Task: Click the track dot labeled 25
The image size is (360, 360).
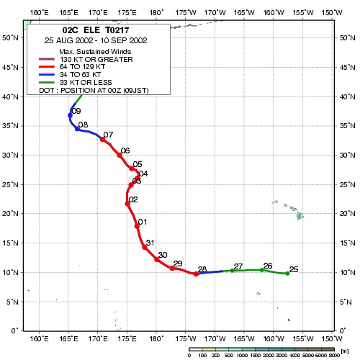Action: pos(287,274)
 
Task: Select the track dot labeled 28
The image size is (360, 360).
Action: pos(196,274)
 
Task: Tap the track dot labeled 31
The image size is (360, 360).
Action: pos(145,247)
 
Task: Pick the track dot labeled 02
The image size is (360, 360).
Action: pos(127,204)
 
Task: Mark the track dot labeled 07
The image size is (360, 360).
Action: pos(102,139)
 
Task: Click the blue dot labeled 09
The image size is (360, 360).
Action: pos(70,115)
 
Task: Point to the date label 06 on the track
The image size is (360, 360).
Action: pos(125,150)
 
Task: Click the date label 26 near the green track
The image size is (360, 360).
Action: pos(268,266)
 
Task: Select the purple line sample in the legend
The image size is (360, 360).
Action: pos(47,59)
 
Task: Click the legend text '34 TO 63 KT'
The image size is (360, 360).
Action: pos(80,75)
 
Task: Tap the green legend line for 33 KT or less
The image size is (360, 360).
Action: pos(47,83)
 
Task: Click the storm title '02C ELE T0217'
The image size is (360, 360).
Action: pos(96,30)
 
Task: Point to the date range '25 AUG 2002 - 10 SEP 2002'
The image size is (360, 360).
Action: pos(96,40)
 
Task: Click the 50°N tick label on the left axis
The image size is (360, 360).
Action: pos(10,38)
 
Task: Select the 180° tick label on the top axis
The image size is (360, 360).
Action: pos(156,12)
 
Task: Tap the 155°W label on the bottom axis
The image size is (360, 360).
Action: pos(303,338)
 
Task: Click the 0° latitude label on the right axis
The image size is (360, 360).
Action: pos(343,330)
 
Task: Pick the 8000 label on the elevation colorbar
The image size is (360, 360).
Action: pos(334,355)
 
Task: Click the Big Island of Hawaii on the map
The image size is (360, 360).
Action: pos(300,216)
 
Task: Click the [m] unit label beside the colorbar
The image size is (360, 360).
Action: pos(344,351)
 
